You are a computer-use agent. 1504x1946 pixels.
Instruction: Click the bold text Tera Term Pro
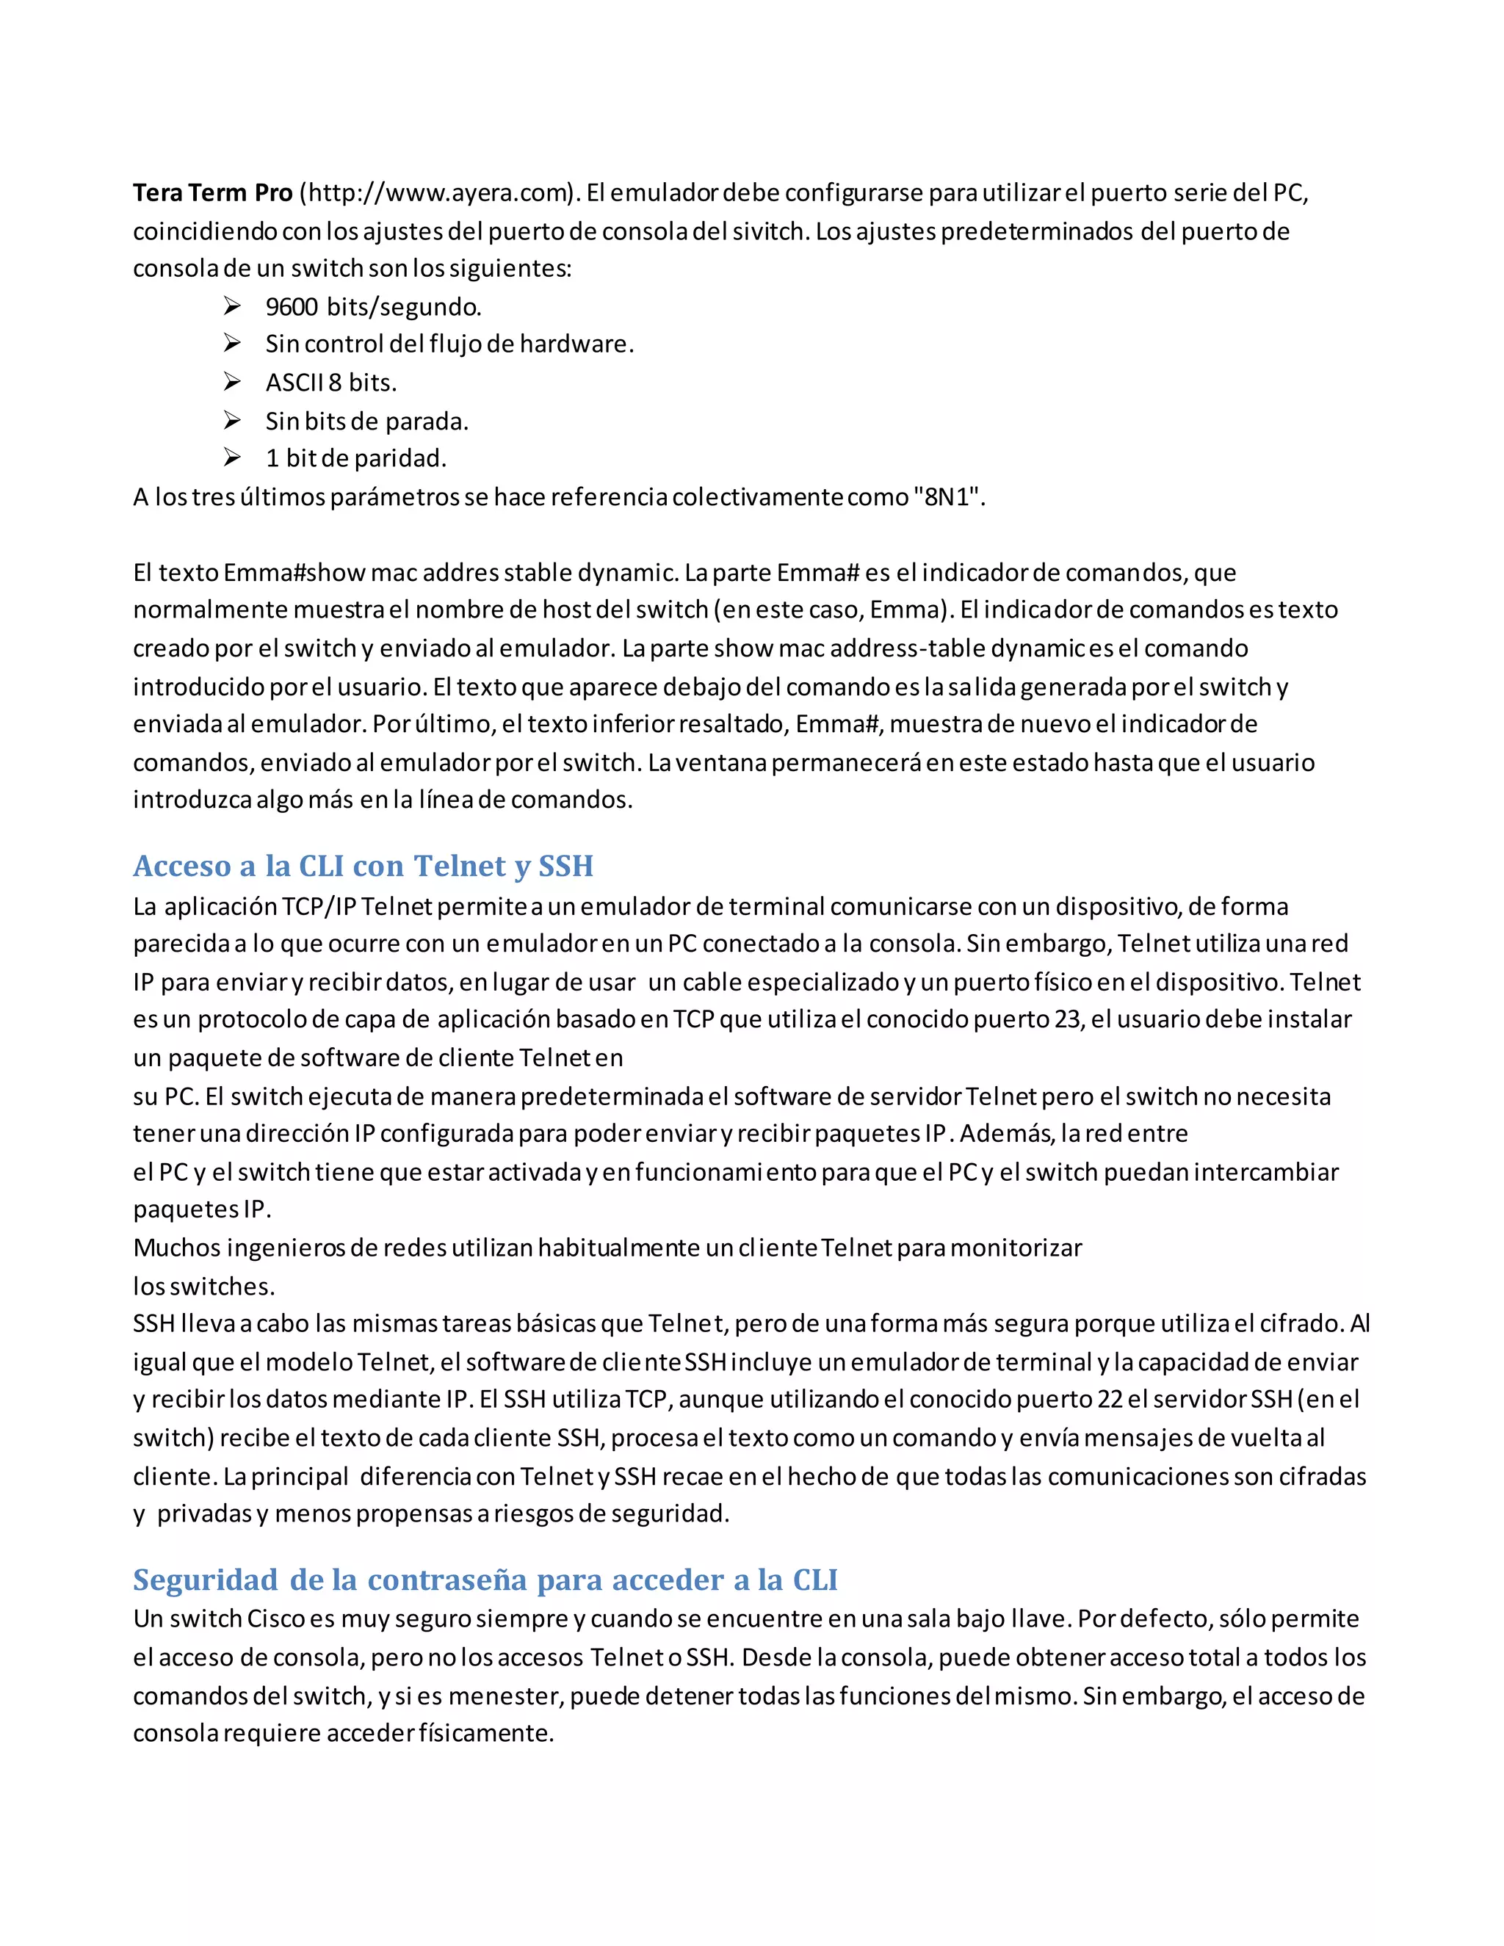[212, 192]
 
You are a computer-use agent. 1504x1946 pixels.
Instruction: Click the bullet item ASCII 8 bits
[330, 383]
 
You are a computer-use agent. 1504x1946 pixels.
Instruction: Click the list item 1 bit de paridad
[355, 458]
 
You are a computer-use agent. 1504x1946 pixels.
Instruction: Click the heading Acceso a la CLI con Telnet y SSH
[363, 865]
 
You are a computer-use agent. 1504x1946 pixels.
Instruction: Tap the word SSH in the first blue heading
[565, 865]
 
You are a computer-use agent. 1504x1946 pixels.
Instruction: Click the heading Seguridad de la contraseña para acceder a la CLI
[485, 1579]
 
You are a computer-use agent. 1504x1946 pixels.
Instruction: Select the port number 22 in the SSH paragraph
[1110, 1399]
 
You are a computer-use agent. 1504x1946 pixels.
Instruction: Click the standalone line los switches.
[204, 1286]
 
